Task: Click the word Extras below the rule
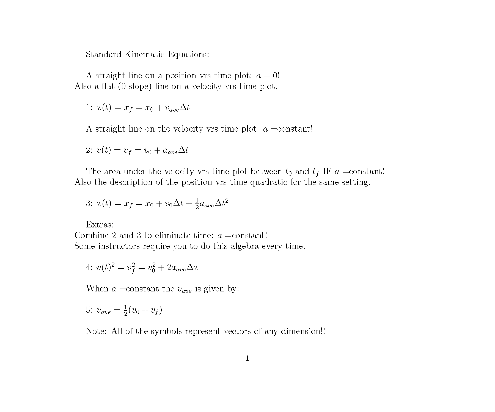tap(100, 225)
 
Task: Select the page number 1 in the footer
tap(247, 358)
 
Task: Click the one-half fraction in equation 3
tap(197, 204)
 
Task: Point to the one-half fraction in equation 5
tap(125, 310)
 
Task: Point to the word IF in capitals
tap(327, 171)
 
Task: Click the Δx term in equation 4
tap(193, 267)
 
